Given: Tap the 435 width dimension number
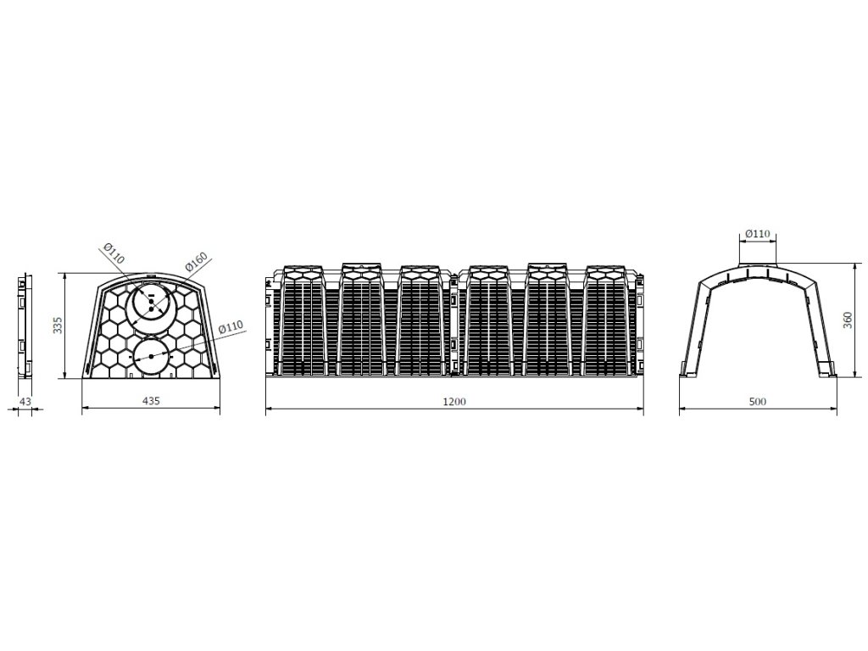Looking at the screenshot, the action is pos(151,400).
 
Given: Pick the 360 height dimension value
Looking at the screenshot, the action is pos(846,320).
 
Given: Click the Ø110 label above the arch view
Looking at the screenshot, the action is pos(758,233).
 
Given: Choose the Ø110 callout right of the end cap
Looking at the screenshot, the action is pos(230,326).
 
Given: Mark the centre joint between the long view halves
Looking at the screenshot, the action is pos(456,322).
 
